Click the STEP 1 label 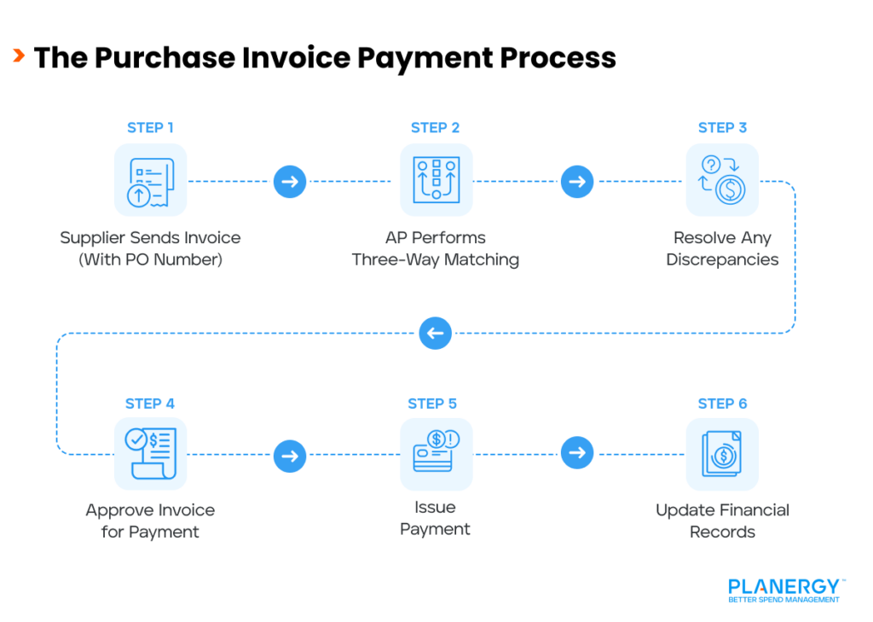(150, 128)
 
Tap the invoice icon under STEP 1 (150, 181)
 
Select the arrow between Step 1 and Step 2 (290, 181)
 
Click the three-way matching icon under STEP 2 (436, 181)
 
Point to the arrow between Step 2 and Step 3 (577, 181)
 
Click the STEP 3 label (722, 128)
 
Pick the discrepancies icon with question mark (722, 181)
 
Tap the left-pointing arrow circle (435, 333)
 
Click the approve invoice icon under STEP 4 (150, 453)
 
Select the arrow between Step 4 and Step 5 (290, 454)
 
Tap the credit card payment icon (436, 453)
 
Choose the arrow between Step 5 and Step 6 (577, 453)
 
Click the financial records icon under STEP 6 (722, 453)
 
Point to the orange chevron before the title (18, 57)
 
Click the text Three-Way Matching (436, 259)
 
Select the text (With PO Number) (150, 259)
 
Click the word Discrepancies (722, 259)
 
